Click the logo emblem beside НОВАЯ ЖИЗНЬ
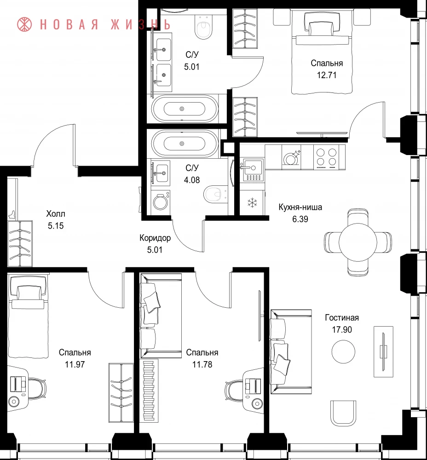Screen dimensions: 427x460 point(24,24)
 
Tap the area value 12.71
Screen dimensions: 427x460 point(327,75)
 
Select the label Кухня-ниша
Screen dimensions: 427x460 point(300,207)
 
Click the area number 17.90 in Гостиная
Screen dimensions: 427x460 point(342,330)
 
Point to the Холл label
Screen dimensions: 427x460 point(56,213)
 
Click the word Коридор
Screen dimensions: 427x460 point(155,238)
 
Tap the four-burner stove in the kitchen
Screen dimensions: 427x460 point(326,157)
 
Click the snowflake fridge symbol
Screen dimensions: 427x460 point(252,202)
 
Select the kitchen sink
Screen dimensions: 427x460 point(252,170)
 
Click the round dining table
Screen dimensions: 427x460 point(358,242)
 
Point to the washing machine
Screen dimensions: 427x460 point(161,201)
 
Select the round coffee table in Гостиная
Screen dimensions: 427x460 point(343,351)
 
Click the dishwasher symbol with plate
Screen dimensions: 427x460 point(291,158)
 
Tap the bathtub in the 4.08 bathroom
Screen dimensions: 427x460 point(185,144)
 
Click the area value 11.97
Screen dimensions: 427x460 point(75,365)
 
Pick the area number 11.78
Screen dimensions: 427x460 point(202,365)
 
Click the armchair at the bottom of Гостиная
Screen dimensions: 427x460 point(343,413)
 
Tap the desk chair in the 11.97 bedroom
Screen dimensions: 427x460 point(37,388)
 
